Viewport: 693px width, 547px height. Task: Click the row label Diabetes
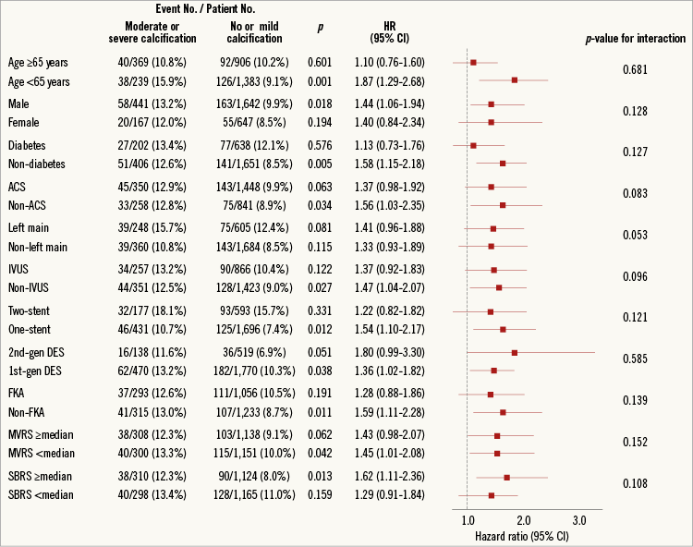pos(27,145)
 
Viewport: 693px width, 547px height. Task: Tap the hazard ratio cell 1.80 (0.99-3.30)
pos(390,352)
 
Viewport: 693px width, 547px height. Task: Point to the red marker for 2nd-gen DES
pos(515,352)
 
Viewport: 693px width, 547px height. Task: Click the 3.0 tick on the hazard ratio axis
pos(580,520)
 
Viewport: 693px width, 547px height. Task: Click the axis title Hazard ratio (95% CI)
pos(521,536)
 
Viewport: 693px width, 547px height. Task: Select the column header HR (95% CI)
pos(390,31)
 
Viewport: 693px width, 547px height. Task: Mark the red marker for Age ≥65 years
pos(474,62)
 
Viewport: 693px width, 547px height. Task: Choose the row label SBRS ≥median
pos(41,477)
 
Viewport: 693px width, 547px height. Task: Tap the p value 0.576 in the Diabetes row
pos(320,145)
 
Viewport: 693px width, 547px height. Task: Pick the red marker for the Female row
pos(491,121)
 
